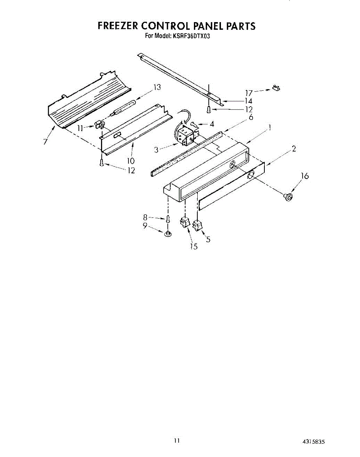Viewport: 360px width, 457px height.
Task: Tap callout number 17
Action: [x=249, y=92]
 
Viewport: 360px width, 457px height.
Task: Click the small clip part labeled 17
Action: [x=276, y=88]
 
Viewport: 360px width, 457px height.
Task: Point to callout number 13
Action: [x=157, y=87]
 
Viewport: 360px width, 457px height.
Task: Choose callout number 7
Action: [x=45, y=142]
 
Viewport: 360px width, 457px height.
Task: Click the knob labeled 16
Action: [x=288, y=197]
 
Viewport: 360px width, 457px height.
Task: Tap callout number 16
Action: [x=304, y=176]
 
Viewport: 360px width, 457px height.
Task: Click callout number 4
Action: [x=212, y=123]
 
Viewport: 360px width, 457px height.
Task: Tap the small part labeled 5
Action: [x=197, y=226]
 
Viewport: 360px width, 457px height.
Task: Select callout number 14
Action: [x=248, y=101]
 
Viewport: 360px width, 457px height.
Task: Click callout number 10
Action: [x=131, y=161]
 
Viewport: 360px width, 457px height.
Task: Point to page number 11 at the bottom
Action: [x=176, y=441]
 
